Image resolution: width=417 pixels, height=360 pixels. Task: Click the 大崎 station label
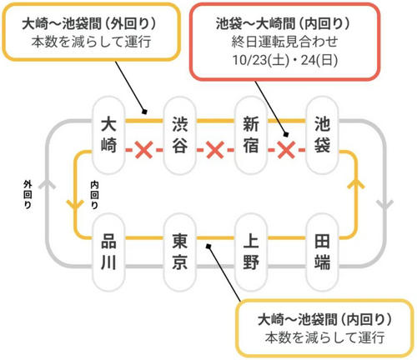click(x=108, y=135)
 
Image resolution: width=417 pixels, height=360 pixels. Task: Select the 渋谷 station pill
click(x=180, y=135)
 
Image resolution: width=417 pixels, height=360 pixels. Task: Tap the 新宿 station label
click(x=251, y=135)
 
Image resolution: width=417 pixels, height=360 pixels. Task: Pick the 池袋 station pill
click(x=322, y=135)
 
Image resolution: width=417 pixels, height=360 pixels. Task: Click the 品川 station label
click(x=108, y=252)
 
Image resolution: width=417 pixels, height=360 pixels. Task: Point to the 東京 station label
click(x=180, y=252)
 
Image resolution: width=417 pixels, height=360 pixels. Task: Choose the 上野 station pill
click(x=251, y=252)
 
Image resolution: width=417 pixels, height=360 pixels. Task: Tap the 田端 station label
click(x=322, y=252)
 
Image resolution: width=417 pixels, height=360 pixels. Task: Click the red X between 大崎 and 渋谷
click(x=143, y=150)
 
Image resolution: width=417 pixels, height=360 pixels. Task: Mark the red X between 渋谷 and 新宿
click(x=215, y=150)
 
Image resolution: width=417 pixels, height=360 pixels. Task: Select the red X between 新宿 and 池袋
click(x=287, y=150)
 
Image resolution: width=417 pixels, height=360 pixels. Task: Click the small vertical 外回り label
click(x=28, y=194)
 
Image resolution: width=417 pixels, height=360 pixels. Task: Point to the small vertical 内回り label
click(x=94, y=195)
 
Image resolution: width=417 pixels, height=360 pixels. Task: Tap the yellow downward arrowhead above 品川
click(x=75, y=204)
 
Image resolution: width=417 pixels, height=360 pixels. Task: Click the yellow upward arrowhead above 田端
click(x=356, y=184)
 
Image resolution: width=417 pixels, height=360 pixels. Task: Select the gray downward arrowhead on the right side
click(x=385, y=204)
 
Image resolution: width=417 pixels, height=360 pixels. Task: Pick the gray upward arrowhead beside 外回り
click(x=48, y=184)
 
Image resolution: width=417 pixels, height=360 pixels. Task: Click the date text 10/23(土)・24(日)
click(x=285, y=60)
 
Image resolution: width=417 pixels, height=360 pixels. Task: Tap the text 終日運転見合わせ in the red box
click(x=285, y=42)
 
